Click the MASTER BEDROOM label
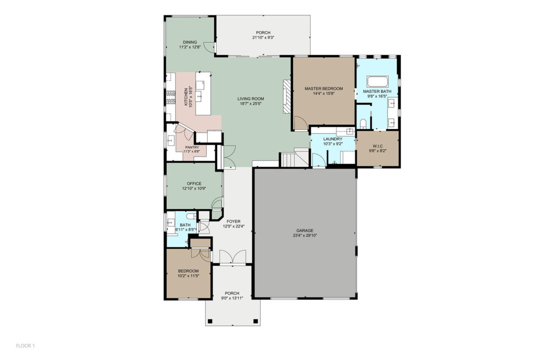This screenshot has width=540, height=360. pos(323,89)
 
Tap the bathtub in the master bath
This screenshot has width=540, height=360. pos(378,82)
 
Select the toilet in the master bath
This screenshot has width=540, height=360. pos(363,123)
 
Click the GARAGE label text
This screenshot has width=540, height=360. pos(305,230)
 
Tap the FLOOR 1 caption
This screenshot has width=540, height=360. pos(25,346)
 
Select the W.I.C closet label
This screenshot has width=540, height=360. pos(378,146)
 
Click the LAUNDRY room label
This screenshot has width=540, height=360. pos(333,139)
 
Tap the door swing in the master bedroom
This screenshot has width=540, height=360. pos(300,122)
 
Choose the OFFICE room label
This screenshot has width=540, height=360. pos(194,183)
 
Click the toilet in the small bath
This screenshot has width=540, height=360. pos(191,216)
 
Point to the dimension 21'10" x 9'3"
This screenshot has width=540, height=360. pos(263,37)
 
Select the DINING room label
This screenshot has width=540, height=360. pos(190,42)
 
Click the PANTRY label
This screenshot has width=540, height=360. pos(192,147)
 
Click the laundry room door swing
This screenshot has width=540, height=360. pos(318,160)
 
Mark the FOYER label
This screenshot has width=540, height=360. pos(234,221)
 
